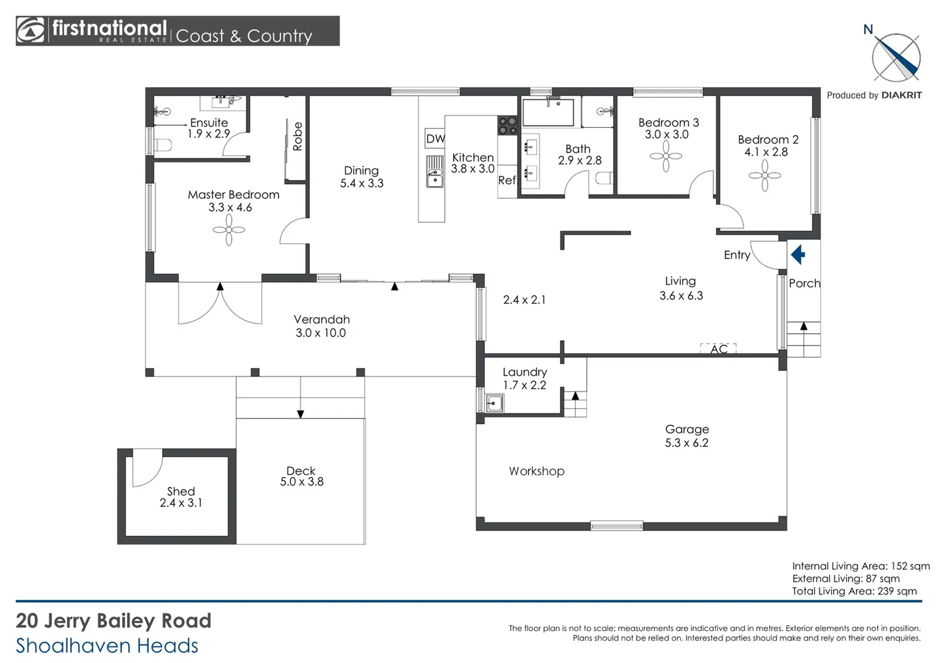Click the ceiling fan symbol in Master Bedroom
point(229,230)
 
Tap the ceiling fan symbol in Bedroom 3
point(666,157)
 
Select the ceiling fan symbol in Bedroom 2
point(765,176)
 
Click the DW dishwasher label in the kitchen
point(435,139)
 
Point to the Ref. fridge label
point(507,180)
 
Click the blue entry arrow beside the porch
point(798,254)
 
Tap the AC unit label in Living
point(719,349)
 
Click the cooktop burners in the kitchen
point(507,126)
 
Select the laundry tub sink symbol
point(494,403)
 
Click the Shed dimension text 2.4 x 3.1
point(180,503)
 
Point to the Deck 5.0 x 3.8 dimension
point(301,482)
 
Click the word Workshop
point(537,471)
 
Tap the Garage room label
point(687,429)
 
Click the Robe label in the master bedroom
point(298,136)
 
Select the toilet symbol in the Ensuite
point(162,145)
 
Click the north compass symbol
point(896,58)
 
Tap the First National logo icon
point(31,31)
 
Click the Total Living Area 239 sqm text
point(854,591)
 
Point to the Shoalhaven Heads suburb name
point(107,645)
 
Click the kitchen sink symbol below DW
point(435,179)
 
